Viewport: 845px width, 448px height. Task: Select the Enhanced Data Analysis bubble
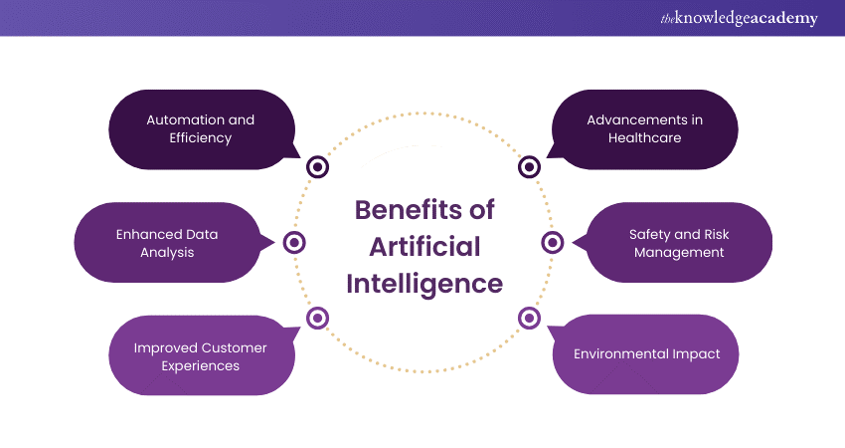coord(167,243)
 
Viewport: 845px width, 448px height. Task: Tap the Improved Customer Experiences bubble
coord(201,356)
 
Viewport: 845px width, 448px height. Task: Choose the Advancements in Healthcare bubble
coord(644,128)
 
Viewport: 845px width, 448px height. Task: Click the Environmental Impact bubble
coord(646,353)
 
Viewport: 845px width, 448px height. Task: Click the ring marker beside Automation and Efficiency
coord(317,167)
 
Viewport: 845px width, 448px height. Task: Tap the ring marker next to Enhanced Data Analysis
coord(294,242)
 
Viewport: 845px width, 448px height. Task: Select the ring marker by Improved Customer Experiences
coord(317,318)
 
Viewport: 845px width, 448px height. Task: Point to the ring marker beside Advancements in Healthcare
coord(529,167)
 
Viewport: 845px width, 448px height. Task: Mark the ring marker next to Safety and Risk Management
coord(553,242)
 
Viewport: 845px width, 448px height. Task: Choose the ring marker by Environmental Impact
coord(529,318)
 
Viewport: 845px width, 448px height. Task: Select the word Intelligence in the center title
coord(424,283)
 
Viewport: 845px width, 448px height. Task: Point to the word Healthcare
coord(644,137)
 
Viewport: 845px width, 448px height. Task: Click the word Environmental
coord(616,353)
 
